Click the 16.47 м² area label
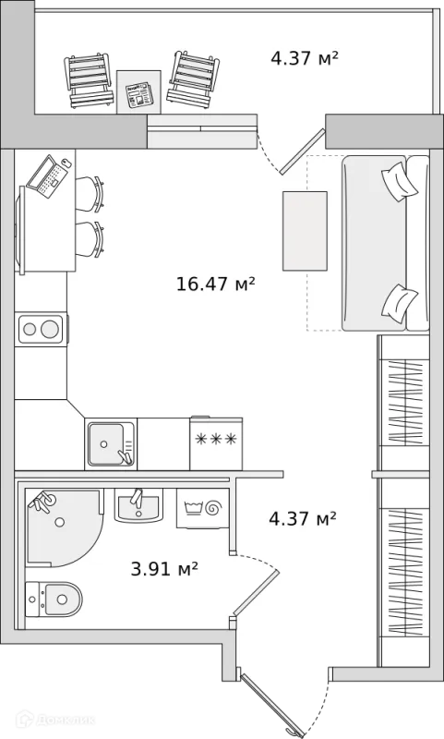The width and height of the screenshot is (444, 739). [216, 284]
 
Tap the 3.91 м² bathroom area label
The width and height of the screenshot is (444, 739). [164, 569]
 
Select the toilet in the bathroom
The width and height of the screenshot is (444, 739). [54, 599]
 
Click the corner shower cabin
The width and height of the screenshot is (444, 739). [63, 527]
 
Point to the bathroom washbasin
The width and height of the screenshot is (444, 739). [138, 505]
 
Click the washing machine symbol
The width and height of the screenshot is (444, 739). [203, 508]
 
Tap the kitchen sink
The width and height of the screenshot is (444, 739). [111, 443]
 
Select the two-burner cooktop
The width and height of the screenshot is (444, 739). [41, 329]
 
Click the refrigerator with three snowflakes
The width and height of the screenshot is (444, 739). [216, 443]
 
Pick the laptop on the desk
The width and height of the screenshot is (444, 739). [46, 176]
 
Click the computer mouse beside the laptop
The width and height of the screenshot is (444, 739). [66, 164]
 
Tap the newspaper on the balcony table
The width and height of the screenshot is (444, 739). [139, 94]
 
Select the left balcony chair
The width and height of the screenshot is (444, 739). [90, 80]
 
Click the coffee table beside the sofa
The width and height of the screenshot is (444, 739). [305, 231]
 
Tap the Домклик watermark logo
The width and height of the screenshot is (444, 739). [55, 720]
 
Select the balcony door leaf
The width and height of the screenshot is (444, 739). [302, 151]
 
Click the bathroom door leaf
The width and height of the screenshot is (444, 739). [257, 593]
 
